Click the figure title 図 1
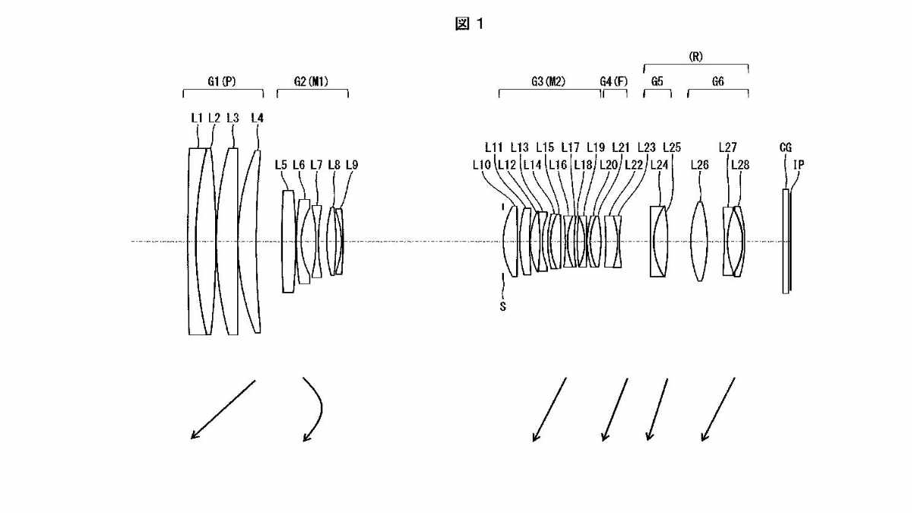[x=469, y=24]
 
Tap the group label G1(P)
[x=222, y=81]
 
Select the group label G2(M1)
[x=311, y=81]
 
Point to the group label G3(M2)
[x=549, y=81]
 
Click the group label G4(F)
[x=614, y=81]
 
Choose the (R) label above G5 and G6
[x=696, y=56]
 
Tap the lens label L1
[x=197, y=118]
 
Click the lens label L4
[x=258, y=118]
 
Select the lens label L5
[x=281, y=165]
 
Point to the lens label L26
[x=700, y=165]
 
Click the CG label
[x=785, y=147]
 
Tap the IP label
[x=799, y=165]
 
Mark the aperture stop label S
[x=503, y=306]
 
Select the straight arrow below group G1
[x=223, y=410]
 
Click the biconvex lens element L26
[x=699, y=242]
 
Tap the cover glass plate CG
[x=785, y=241]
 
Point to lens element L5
[x=288, y=242]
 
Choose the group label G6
[x=718, y=81]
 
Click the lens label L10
[x=482, y=165]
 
